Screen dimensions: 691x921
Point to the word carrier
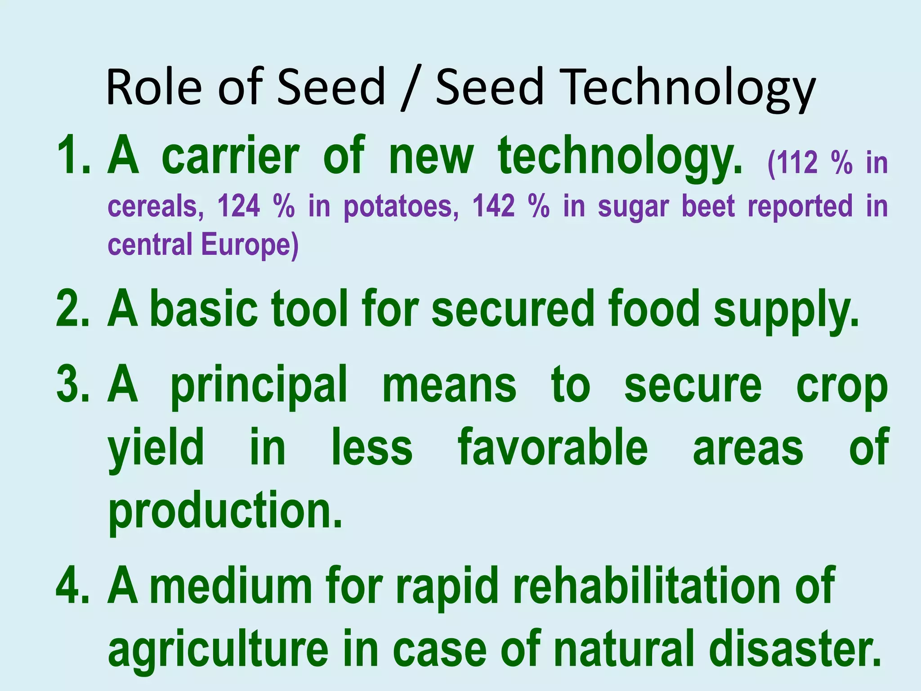point(230,156)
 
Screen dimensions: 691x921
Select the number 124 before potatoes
point(239,206)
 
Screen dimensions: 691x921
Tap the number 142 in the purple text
point(493,206)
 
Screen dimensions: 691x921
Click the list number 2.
point(73,310)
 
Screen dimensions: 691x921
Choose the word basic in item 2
point(204,310)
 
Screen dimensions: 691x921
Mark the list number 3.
point(73,385)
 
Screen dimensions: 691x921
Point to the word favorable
point(553,448)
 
